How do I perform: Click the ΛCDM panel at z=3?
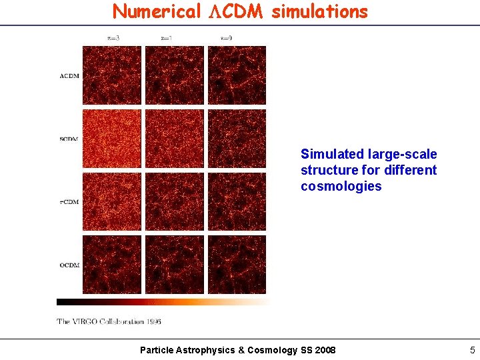tap(111, 75)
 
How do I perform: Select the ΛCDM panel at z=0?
tap(237, 75)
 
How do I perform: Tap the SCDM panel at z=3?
tap(111, 138)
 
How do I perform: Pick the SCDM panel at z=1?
tap(174, 138)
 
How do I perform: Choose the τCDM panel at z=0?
tap(237, 201)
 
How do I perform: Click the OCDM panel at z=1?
tap(174, 264)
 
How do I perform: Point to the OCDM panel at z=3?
tap(111, 264)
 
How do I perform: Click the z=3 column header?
tap(113, 39)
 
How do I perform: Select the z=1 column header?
tap(167, 39)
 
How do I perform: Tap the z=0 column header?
tap(226, 39)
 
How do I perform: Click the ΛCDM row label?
tap(69, 76)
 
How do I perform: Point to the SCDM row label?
tap(69, 139)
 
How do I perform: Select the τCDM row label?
tap(69, 202)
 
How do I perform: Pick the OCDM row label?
tap(69, 265)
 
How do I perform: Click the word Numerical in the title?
tap(157, 11)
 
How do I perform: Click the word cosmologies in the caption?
tap(341, 187)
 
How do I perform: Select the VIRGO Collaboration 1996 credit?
tap(109, 321)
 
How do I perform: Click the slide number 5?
tap(472, 350)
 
